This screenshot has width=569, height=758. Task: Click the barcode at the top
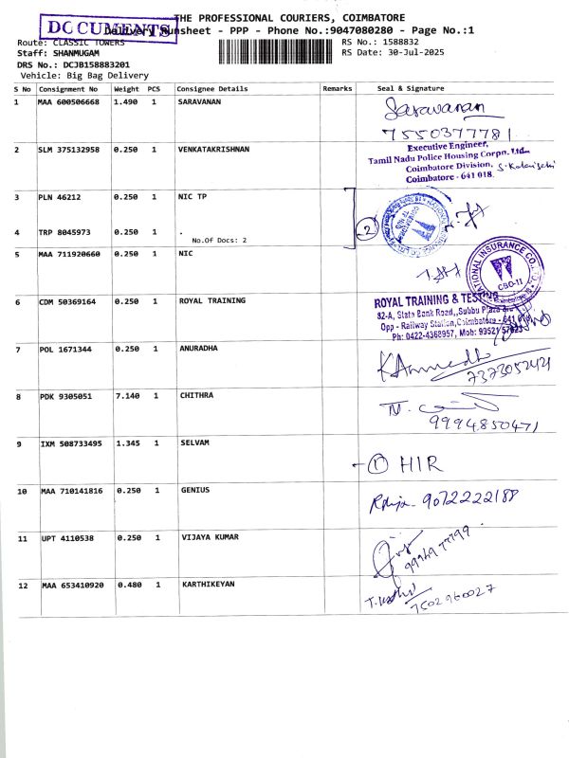[x=277, y=51]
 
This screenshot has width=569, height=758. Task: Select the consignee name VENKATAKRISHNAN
[x=214, y=150]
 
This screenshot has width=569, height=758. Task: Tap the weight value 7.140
[x=126, y=395]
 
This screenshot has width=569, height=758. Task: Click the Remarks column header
[x=337, y=88]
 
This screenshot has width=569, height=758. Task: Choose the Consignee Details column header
[x=212, y=88]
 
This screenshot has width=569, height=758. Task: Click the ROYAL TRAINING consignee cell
[x=212, y=300]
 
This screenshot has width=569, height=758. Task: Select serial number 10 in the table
[x=21, y=491]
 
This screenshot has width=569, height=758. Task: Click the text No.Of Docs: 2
[x=219, y=241]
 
